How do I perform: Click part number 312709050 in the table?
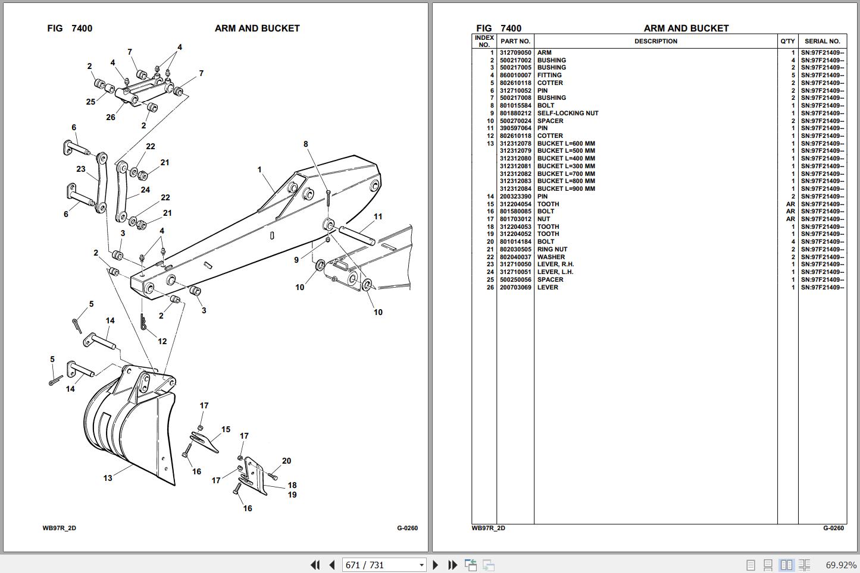pyautogui.click(x=515, y=53)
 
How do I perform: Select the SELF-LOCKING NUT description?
pyautogui.click(x=568, y=114)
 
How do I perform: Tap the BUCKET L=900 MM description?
pyautogui.click(x=566, y=189)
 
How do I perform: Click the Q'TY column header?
pyautogui.click(x=787, y=42)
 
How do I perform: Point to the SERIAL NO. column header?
pyautogui.click(x=822, y=42)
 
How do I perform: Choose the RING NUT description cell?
pyautogui.click(x=552, y=250)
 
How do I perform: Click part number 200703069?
pyautogui.click(x=515, y=288)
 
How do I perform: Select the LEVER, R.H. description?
pyautogui.click(x=555, y=265)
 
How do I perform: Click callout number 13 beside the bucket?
pyautogui.click(x=108, y=478)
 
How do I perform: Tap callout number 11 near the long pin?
pyautogui.click(x=378, y=217)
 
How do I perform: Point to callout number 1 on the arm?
pyautogui.click(x=259, y=170)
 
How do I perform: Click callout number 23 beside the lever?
pyautogui.click(x=81, y=169)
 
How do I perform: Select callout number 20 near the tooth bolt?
pyautogui.click(x=286, y=461)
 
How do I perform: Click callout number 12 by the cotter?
pyautogui.click(x=162, y=342)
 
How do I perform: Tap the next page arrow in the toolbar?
pyautogui.click(x=435, y=565)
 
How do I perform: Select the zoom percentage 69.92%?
pyautogui.click(x=841, y=565)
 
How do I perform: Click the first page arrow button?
pyautogui.click(x=315, y=565)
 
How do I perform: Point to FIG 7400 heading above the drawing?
pyautogui.click(x=70, y=29)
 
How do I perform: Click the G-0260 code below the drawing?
pyautogui.click(x=408, y=528)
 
